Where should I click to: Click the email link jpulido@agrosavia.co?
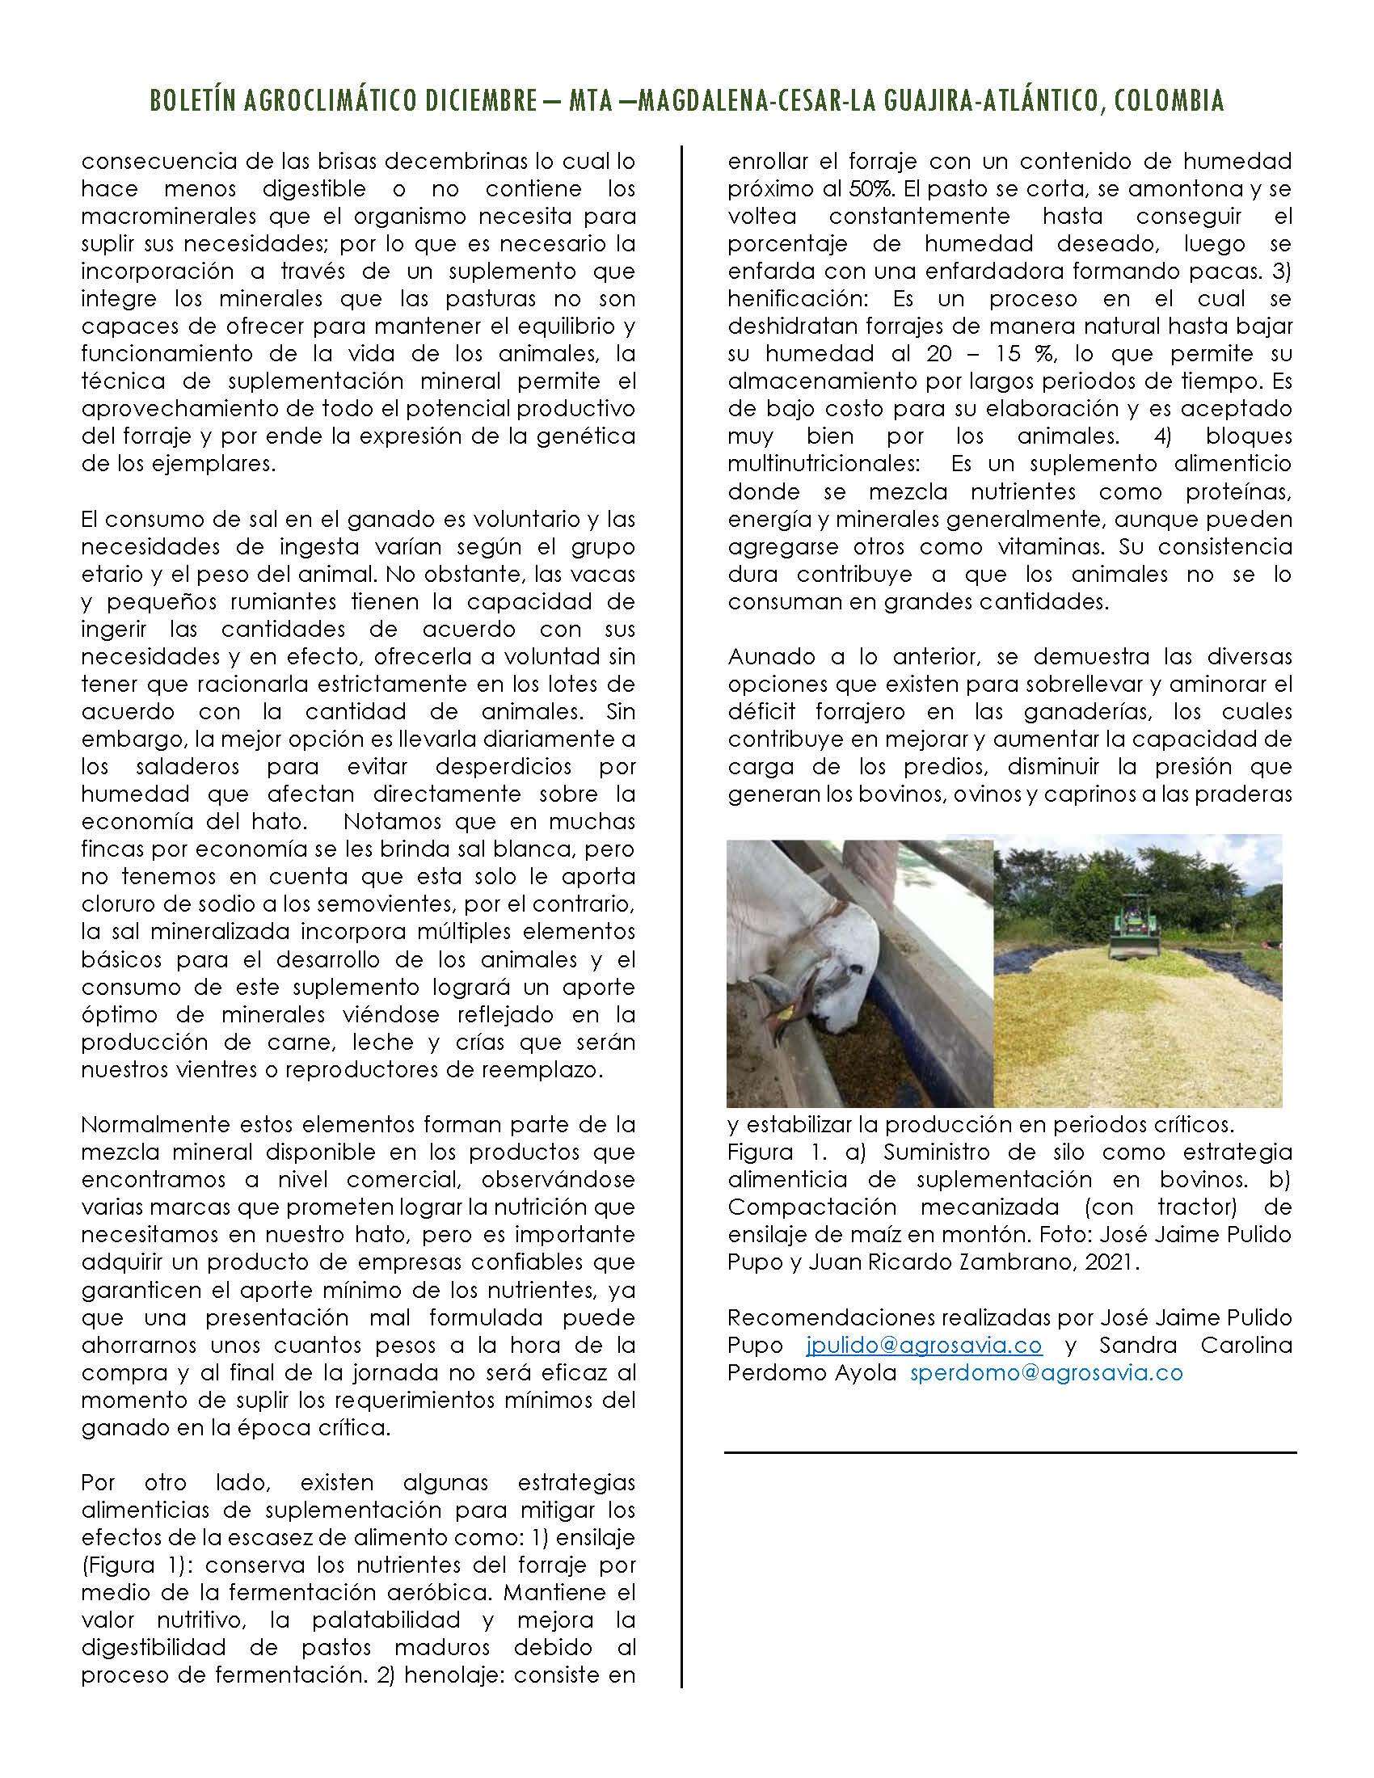(x=924, y=1346)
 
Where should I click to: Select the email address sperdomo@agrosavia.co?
(x=1046, y=1373)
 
